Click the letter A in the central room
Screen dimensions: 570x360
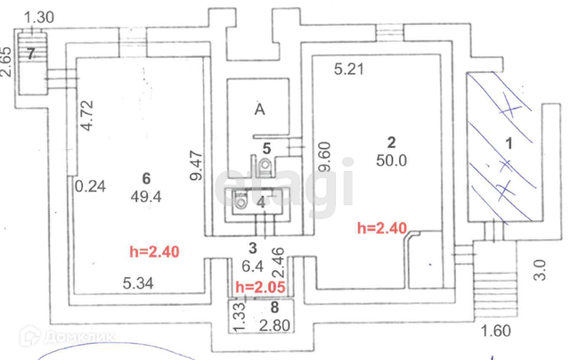tap(259, 110)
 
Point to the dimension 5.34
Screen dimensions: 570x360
tap(139, 283)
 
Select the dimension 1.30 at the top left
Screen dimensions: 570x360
tap(39, 15)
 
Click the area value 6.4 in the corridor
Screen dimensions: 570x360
tap(252, 266)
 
